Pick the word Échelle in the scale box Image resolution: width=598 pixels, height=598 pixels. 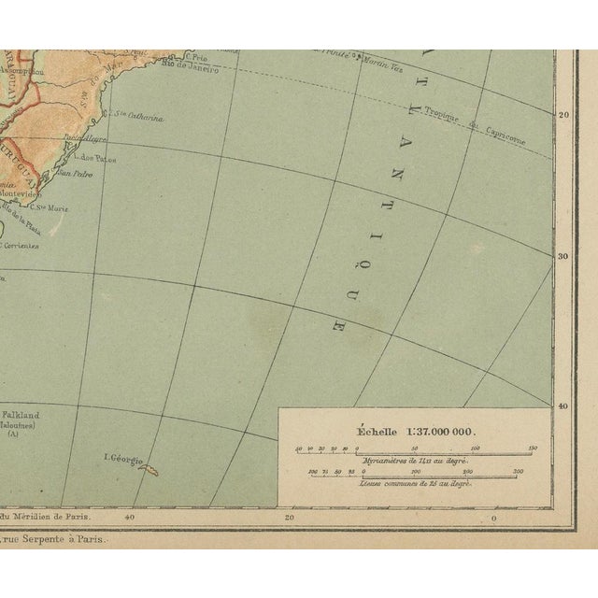368,432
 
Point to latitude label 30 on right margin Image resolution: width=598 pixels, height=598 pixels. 562,255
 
